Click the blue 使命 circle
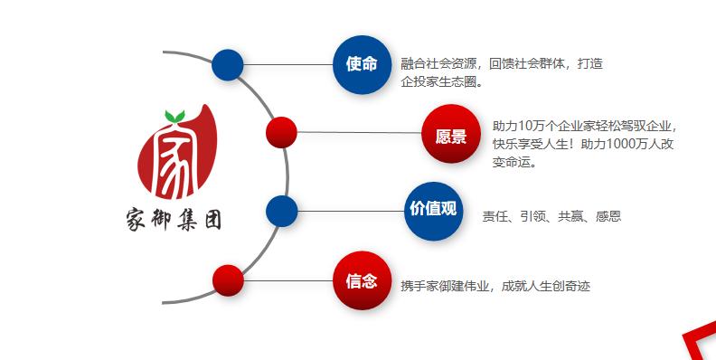point(362,64)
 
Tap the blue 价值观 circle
point(433,210)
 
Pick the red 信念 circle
point(362,280)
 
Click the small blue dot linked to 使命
point(227,64)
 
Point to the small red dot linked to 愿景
point(281,132)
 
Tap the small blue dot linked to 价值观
point(281,211)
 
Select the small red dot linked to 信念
point(228,280)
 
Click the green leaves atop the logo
point(174,116)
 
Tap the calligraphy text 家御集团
point(174,218)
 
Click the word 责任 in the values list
point(495,217)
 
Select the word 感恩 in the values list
point(608,217)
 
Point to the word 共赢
point(570,217)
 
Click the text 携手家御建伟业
point(447,287)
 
